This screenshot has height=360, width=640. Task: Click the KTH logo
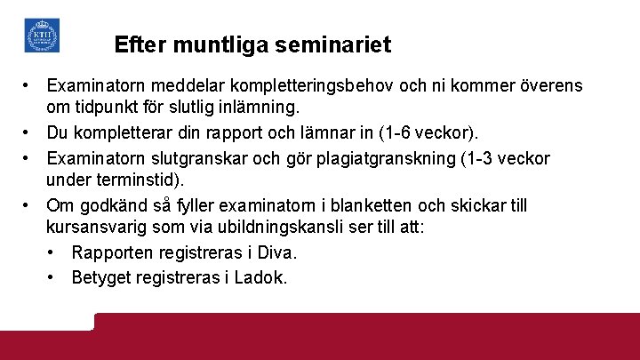[x=42, y=36]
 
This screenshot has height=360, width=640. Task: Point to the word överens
[x=548, y=86]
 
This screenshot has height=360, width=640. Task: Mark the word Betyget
[x=100, y=277]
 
